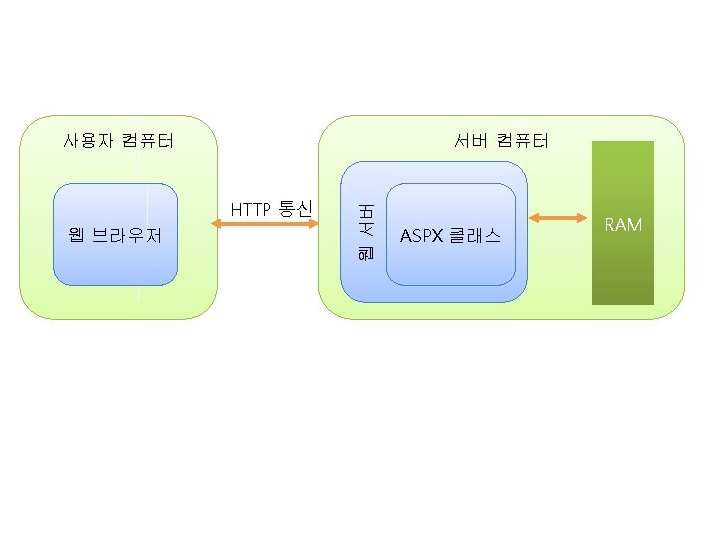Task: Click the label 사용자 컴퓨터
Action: point(118,140)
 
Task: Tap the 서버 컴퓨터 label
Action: point(501,140)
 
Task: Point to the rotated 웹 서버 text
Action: point(364,234)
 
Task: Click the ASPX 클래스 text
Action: point(450,236)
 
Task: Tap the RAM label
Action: point(624,225)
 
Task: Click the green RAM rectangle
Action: point(624,268)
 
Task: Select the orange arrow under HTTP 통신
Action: point(264,225)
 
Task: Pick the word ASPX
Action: point(421,236)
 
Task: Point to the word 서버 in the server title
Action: point(471,140)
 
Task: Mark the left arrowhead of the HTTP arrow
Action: point(216,225)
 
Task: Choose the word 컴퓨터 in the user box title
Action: point(148,140)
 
